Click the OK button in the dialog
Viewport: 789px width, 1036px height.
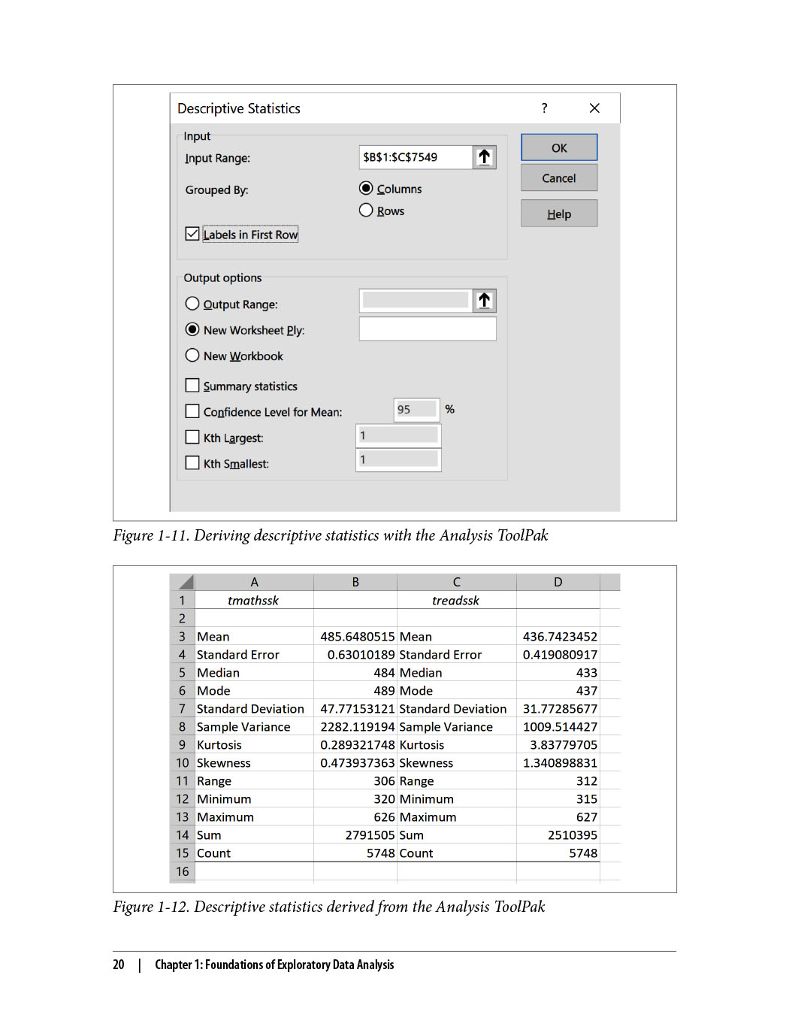(x=558, y=147)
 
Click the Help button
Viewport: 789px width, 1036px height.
(x=558, y=214)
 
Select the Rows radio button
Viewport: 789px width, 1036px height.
(x=366, y=211)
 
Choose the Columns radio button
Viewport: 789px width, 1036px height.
(x=366, y=188)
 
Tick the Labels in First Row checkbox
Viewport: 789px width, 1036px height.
(x=192, y=234)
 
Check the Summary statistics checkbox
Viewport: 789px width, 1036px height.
(x=192, y=386)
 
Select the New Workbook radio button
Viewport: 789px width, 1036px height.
(x=192, y=356)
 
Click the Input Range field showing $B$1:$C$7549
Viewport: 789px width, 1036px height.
(x=416, y=157)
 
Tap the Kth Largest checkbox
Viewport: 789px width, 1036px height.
(x=192, y=438)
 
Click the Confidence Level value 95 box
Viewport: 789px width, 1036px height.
(x=416, y=409)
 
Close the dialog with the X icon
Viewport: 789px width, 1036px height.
(x=594, y=108)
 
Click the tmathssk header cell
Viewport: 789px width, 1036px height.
(x=253, y=600)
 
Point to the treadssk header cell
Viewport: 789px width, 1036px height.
(x=455, y=600)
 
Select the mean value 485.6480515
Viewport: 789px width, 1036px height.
(x=357, y=637)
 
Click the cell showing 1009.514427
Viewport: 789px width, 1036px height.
(x=560, y=727)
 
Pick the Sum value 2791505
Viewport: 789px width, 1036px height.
(x=370, y=835)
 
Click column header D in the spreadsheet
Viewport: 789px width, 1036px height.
(x=558, y=582)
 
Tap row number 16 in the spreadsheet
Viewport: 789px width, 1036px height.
(x=182, y=871)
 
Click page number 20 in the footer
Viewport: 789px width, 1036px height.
(x=119, y=965)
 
